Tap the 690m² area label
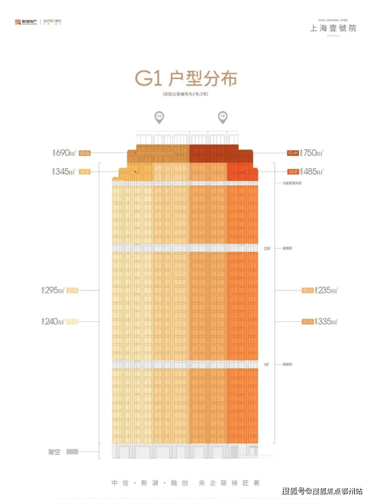click(x=66, y=153)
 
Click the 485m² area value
click(x=313, y=172)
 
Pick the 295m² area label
click(x=55, y=290)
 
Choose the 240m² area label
click(x=55, y=321)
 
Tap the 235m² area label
click(x=327, y=290)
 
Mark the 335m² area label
click(x=327, y=321)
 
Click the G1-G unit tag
click(x=84, y=153)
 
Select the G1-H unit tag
click(x=293, y=153)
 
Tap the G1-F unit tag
click(x=293, y=172)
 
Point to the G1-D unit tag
click(x=308, y=321)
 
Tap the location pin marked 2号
click(x=159, y=117)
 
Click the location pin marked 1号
click(x=222, y=117)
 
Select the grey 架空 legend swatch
click(x=72, y=451)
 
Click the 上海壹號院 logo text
click(x=333, y=28)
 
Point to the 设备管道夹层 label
click(x=292, y=183)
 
